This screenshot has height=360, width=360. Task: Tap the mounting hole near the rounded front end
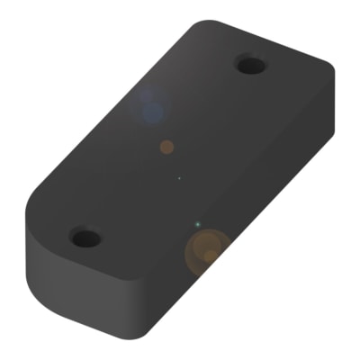pyautogui.click(x=85, y=238)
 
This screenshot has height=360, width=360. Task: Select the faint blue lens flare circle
pyautogui.click(x=151, y=106)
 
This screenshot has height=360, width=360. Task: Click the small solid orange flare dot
pyautogui.click(x=166, y=146)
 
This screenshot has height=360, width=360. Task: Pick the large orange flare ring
pyautogui.click(x=208, y=250)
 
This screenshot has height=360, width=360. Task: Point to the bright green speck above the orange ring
pyautogui.click(x=197, y=223)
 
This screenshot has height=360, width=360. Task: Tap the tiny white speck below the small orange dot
pyautogui.click(x=179, y=178)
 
